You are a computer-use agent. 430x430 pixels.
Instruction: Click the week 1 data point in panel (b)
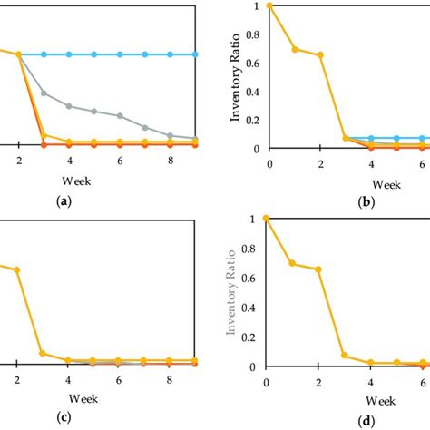tap(294, 48)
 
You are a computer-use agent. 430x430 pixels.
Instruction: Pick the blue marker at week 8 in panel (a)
tap(172, 54)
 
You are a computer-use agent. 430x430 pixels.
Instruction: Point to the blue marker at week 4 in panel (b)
tap(371, 138)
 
